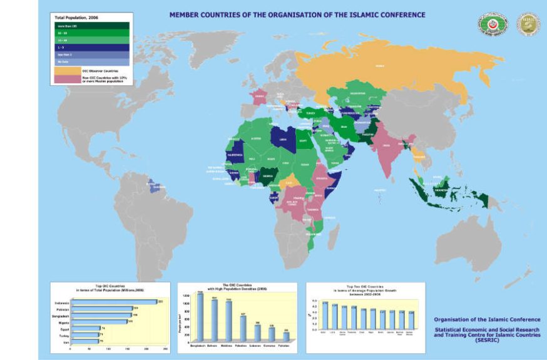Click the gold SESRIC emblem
click(x=528, y=24)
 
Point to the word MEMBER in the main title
click(x=187, y=14)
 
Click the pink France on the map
click(x=258, y=97)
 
